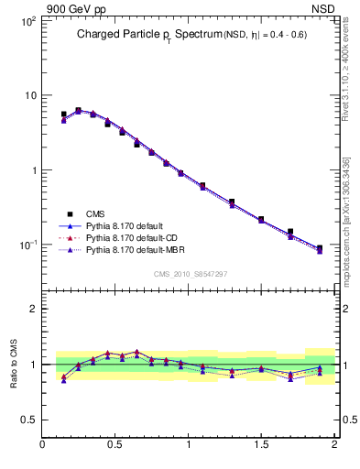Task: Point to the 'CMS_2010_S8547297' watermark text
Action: pyautogui.click(x=190, y=274)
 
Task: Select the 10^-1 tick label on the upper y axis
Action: pyautogui.click(x=27, y=245)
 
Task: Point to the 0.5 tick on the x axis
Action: pyautogui.click(x=115, y=445)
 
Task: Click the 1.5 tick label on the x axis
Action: pyautogui.click(x=261, y=445)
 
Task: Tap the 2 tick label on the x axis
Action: pyautogui.click(x=334, y=445)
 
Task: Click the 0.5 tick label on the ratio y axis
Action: pyautogui.click(x=28, y=420)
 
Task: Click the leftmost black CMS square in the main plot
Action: pyautogui.click(x=63, y=115)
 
